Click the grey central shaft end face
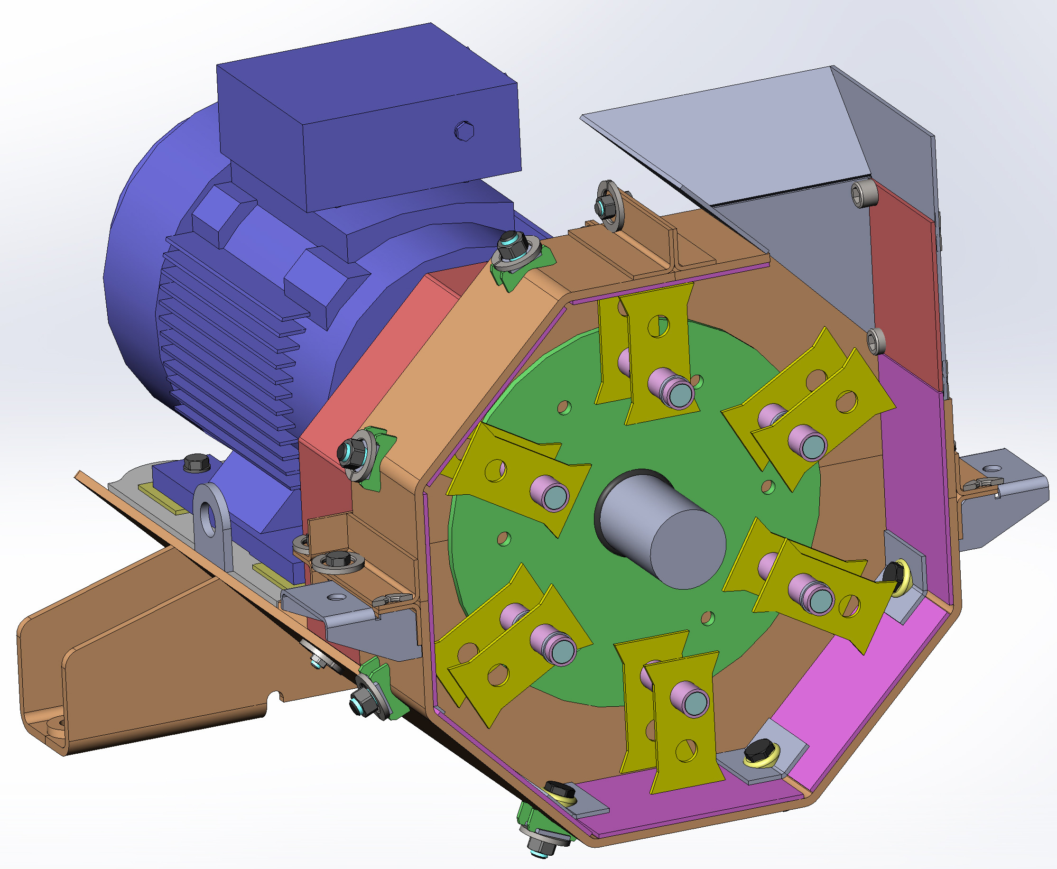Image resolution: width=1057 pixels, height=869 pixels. (688, 549)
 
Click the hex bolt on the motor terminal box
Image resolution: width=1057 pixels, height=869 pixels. (464, 131)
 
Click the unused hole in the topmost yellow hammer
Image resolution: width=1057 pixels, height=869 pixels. (658, 326)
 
